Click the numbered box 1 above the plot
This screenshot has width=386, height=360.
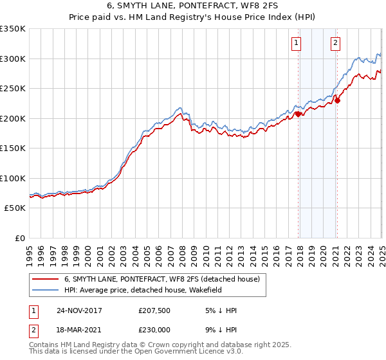[297, 44]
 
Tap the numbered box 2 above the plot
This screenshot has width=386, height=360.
[336, 44]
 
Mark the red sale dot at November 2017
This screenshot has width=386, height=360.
[299, 114]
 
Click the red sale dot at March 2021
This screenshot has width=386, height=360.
[337, 100]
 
